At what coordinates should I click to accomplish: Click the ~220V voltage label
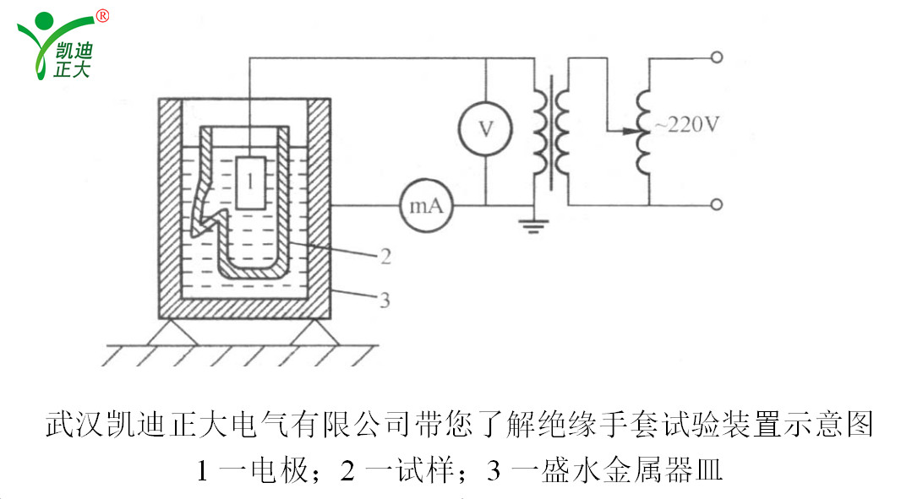(x=686, y=125)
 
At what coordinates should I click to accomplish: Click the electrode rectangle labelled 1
(x=252, y=182)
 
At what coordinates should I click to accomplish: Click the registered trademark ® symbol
(x=102, y=15)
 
